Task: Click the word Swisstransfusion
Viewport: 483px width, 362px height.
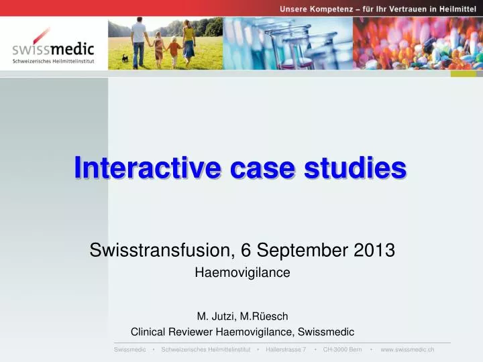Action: pyautogui.click(x=160, y=251)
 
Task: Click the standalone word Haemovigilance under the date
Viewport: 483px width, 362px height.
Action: pyautogui.click(x=241, y=273)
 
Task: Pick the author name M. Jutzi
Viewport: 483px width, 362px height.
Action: pyautogui.click(x=214, y=316)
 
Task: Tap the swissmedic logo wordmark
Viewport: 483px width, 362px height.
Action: pyautogui.click(x=54, y=50)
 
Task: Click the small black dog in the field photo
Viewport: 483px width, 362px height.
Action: pyautogui.click(x=124, y=58)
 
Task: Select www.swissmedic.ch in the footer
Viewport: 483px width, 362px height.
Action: pyautogui.click(x=407, y=350)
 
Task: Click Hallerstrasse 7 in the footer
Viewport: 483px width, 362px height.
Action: pyautogui.click(x=286, y=350)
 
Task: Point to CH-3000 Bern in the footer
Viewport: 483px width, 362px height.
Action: pyautogui.click(x=342, y=350)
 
